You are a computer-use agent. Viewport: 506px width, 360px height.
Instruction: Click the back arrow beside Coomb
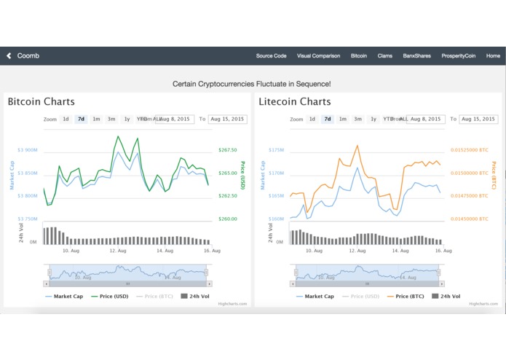9,55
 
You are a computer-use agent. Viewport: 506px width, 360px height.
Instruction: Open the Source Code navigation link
271,56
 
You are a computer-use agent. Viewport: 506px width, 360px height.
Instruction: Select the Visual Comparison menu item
318,56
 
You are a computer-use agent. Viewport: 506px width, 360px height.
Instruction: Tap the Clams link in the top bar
385,56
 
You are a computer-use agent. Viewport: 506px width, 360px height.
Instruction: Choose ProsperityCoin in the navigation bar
459,56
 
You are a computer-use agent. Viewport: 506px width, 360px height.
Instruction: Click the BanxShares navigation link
417,56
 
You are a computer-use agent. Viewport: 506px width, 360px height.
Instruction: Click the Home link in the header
493,56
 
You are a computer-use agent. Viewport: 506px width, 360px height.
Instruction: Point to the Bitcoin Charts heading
41,102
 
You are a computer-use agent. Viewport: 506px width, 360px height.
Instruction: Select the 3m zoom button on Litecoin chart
357,119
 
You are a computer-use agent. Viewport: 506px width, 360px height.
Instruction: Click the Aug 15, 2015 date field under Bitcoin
228,119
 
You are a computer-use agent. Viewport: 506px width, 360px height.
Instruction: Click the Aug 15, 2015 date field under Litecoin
478,119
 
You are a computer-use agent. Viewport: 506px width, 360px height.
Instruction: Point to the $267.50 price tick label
227,150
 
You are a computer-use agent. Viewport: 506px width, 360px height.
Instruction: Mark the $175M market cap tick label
276,150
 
